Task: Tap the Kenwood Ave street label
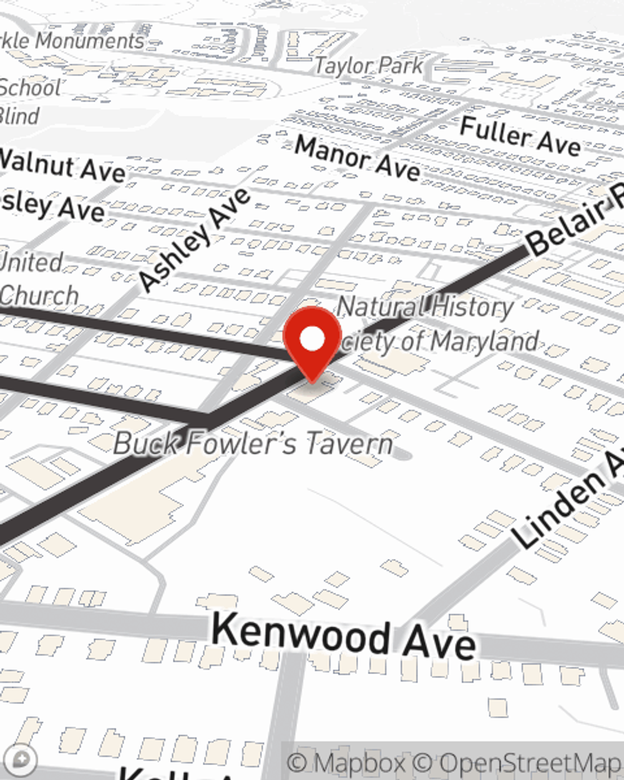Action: pos(344,635)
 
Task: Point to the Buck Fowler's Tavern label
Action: pos(253,443)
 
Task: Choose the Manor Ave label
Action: pos(357,158)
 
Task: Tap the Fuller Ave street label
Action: pos(520,136)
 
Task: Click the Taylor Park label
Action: pos(369,66)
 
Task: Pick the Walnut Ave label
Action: pos(62,165)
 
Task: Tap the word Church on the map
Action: pos(39,295)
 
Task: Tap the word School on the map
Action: pos(30,87)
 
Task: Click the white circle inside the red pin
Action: pos(312,339)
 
